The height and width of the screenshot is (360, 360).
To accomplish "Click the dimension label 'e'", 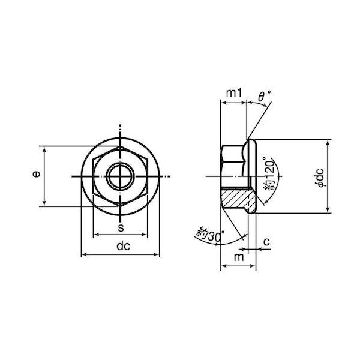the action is pos(36,174).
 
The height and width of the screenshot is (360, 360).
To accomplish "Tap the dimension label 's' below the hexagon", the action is pos(121,228).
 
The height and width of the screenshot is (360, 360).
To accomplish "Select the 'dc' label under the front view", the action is pos(123,246).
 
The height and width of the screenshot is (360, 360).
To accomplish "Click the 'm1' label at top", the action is pos(234,93).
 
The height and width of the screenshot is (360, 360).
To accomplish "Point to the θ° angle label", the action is pos(264,96).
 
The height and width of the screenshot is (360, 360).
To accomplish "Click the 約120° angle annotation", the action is pos(269,174).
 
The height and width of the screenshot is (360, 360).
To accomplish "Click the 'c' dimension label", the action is pos(266,242).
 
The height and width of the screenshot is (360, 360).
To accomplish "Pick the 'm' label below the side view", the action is pos(239,257).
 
